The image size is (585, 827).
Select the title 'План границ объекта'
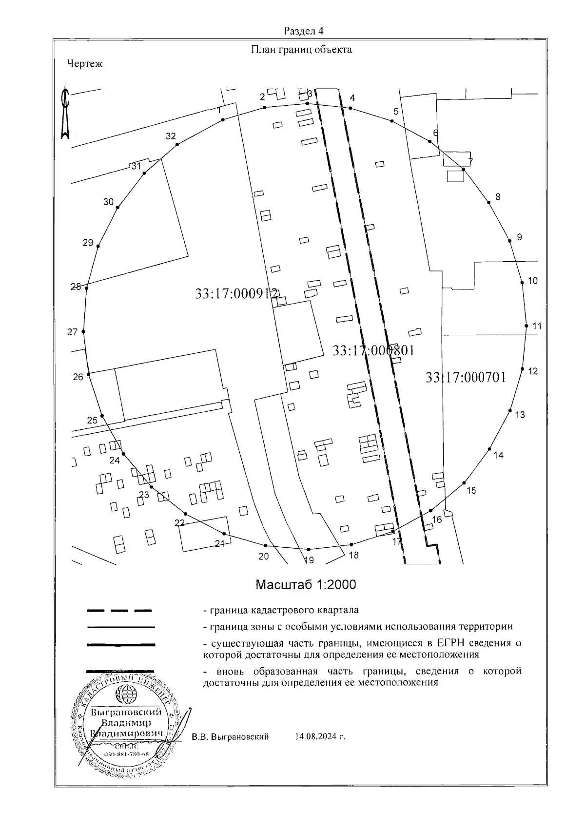[x=301, y=50]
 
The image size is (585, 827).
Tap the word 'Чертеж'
[x=85, y=63]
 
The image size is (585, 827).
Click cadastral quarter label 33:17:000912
[x=236, y=294]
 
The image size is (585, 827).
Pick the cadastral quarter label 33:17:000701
[x=466, y=378]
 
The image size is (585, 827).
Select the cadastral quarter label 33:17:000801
[x=373, y=350]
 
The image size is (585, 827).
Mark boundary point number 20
[x=263, y=556]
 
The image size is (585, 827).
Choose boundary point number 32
[x=171, y=136]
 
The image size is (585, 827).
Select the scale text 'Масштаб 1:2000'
[x=306, y=585]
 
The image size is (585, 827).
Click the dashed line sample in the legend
[x=119, y=610]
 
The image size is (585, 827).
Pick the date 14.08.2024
[x=320, y=737]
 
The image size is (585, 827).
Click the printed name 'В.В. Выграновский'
[x=230, y=737]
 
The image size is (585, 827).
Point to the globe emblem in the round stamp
[x=129, y=693]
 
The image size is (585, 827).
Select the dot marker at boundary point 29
[x=98, y=247]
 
